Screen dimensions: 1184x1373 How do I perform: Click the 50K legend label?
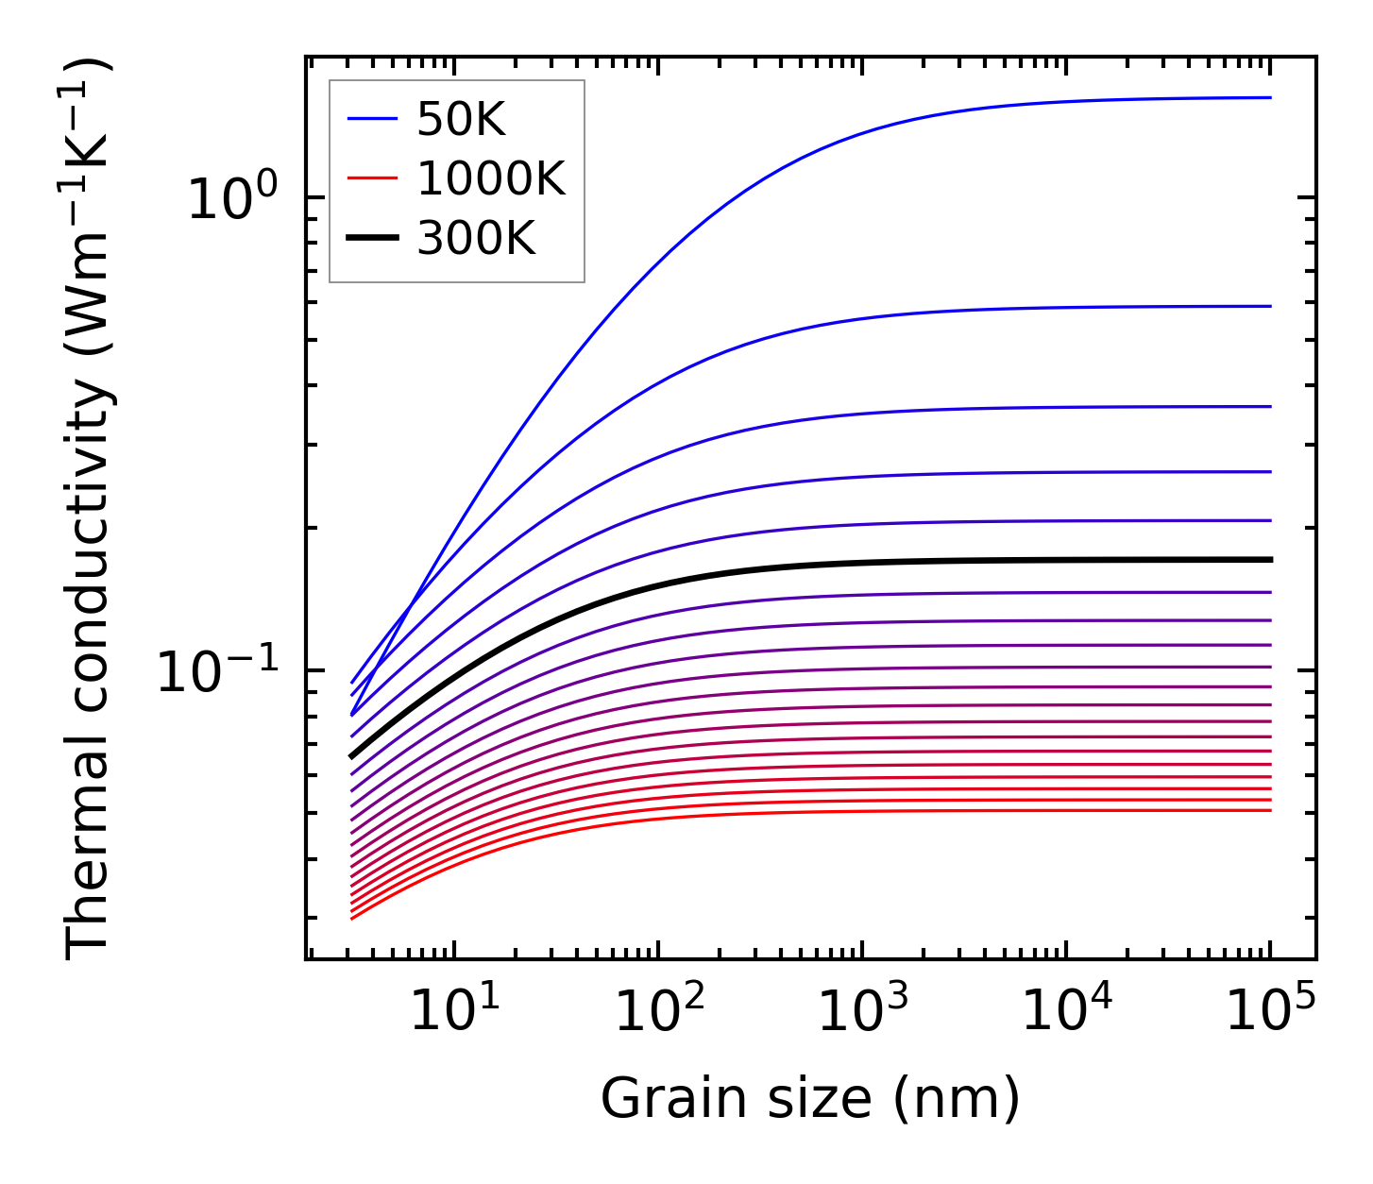click(461, 119)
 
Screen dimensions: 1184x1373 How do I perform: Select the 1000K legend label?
click(491, 178)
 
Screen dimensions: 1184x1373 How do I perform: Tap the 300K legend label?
click(476, 239)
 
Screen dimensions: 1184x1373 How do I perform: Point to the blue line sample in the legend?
click(374, 119)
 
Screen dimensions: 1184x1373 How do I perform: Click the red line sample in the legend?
click(374, 178)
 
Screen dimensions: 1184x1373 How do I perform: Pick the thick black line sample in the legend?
click(374, 239)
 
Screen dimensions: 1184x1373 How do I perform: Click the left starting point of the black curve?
click(351, 756)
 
